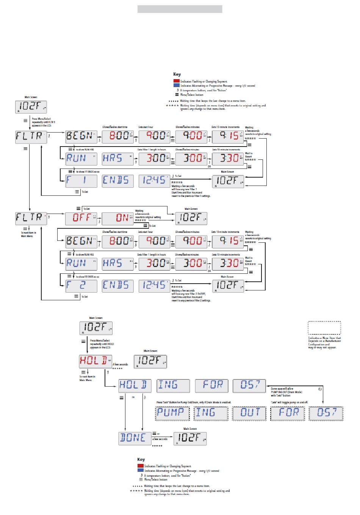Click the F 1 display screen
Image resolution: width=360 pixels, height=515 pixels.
81,181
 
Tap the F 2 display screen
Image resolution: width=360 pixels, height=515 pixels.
81,286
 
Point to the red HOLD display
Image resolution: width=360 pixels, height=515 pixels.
95,361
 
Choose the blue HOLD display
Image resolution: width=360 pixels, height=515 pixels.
135,385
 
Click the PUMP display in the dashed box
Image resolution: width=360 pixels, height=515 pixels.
172,413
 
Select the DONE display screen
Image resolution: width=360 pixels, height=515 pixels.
135,438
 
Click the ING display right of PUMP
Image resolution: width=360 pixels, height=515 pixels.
211,413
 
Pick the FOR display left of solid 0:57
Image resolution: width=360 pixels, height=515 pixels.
211,385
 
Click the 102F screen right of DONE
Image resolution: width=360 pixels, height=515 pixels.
190,438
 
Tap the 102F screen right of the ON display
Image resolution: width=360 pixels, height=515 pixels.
191,218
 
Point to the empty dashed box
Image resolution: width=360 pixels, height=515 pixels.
324,328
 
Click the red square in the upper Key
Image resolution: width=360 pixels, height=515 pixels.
177,81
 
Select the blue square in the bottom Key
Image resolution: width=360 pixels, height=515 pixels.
141,471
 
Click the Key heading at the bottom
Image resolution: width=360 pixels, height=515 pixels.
141,459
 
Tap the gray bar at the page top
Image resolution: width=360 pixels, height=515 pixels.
180,9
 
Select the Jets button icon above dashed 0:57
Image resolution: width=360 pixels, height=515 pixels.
321,389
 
